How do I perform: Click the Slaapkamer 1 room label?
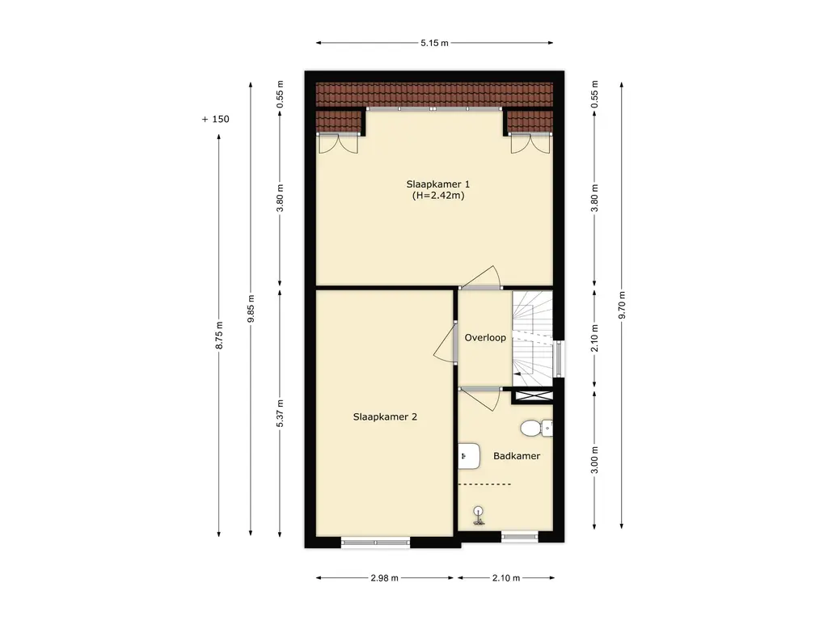[x=437, y=184]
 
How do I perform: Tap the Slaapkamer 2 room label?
[x=385, y=416]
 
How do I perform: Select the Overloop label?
[x=485, y=338]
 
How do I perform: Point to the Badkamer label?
[x=517, y=456]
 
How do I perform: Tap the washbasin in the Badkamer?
[x=469, y=456]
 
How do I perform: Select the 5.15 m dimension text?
[x=434, y=44]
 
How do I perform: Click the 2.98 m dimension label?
[x=384, y=578]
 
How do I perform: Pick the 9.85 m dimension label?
[x=251, y=309]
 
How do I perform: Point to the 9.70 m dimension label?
[x=622, y=305]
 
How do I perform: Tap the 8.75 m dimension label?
[x=219, y=335]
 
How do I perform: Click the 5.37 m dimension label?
[x=281, y=413]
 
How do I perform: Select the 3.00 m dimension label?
[x=594, y=460]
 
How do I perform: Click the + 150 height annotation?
[x=215, y=120]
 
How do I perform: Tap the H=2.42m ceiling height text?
[x=438, y=196]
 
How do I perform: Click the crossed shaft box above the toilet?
[x=534, y=395]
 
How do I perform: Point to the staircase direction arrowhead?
[x=517, y=374]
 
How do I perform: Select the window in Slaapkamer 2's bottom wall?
[x=375, y=542]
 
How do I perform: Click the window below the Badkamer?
[x=520, y=538]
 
